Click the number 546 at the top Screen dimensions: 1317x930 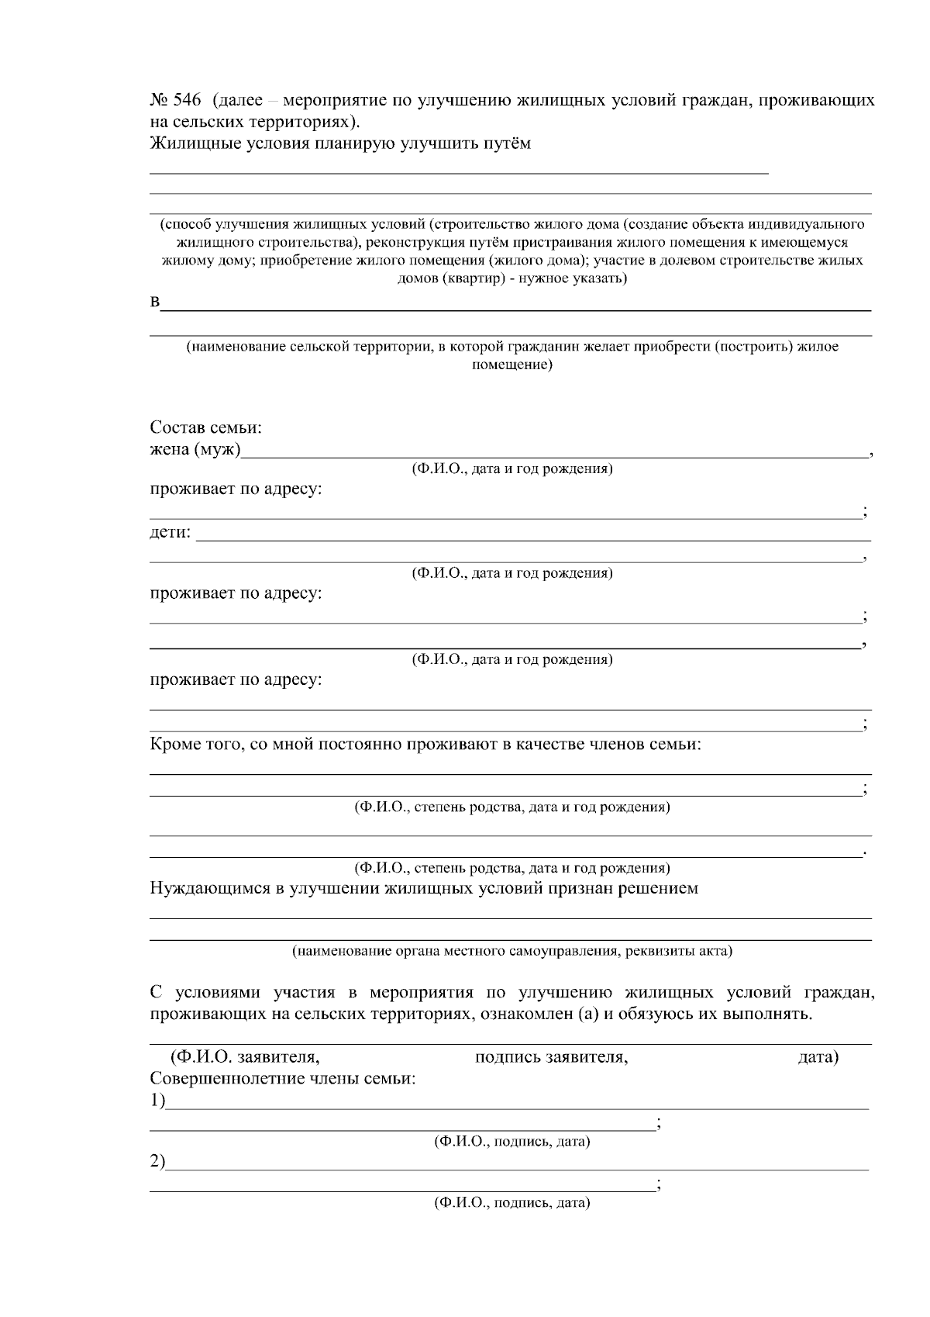pyautogui.click(x=186, y=101)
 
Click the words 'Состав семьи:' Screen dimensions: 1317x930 pyautogui.click(x=205, y=428)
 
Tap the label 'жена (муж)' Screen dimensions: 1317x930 pyautogui.click(x=195, y=450)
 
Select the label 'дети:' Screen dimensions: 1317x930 pyautogui.click(x=170, y=533)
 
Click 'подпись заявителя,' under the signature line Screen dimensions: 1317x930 pyautogui.click(x=551, y=1057)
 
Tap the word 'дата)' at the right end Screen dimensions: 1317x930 pyautogui.click(x=818, y=1057)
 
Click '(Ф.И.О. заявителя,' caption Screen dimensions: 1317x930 pyautogui.click(x=245, y=1057)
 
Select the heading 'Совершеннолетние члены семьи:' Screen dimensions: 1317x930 pyautogui.click(x=282, y=1079)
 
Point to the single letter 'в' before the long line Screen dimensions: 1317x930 pyautogui.click(x=154, y=302)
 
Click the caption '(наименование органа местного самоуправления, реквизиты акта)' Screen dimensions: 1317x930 pyautogui.click(x=511, y=951)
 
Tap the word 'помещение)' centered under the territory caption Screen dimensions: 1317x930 pyautogui.click(x=511, y=365)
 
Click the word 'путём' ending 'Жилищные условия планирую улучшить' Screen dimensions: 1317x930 pyautogui.click(x=505, y=143)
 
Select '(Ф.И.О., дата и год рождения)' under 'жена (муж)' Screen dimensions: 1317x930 pyautogui.click(x=511, y=469)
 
